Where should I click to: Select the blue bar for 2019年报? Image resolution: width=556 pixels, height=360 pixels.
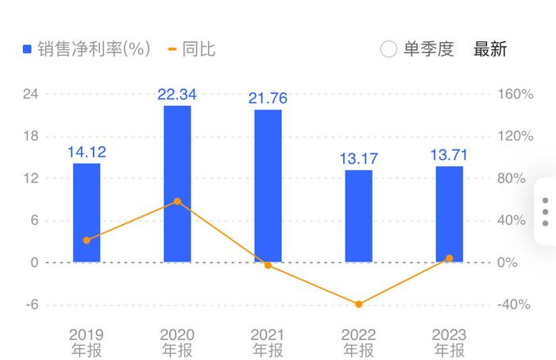pyautogui.click(x=87, y=212)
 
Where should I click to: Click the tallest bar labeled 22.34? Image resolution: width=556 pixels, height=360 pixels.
pyautogui.click(x=177, y=184)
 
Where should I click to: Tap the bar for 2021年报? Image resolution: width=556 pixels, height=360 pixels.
pyautogui.click(x=268, y=186)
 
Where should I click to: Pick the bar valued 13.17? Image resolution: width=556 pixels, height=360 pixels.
pyautogui.click(x=358, y=216)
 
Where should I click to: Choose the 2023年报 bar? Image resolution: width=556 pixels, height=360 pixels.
pyautogui.click(x=449, y=214)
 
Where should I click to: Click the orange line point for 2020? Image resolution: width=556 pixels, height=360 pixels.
pyautogui.click(x=177, y=202)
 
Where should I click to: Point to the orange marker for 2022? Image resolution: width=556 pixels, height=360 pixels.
pyautogui.click(x=358, y=304)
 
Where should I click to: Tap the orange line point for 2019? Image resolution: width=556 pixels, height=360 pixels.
pyautogui.click(x=87, y=240)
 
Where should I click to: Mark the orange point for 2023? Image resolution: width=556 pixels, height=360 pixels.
pyautogui.click(x=449, y=258)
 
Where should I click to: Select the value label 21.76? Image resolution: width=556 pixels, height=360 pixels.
pyautogui.click(x=268, y=99)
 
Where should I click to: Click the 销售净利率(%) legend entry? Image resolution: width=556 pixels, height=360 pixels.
pyautogui.click(x=87, y=49)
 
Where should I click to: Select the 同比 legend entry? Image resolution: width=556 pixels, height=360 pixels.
pyautogui.click(x=191, y=49)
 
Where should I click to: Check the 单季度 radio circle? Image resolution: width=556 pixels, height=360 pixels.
pyautogui.click(x=388, y=49)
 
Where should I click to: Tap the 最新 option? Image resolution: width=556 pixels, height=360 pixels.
pyautogui.click(x=490, y=49)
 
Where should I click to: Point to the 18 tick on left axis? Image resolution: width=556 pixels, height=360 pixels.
pyautogui.click(x=32, y=136)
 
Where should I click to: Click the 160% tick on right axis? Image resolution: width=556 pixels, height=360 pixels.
pyautogui.click(x=515, y=94)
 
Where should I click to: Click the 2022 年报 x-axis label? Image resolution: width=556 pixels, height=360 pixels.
pyautogui.click(x=358, y=343)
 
